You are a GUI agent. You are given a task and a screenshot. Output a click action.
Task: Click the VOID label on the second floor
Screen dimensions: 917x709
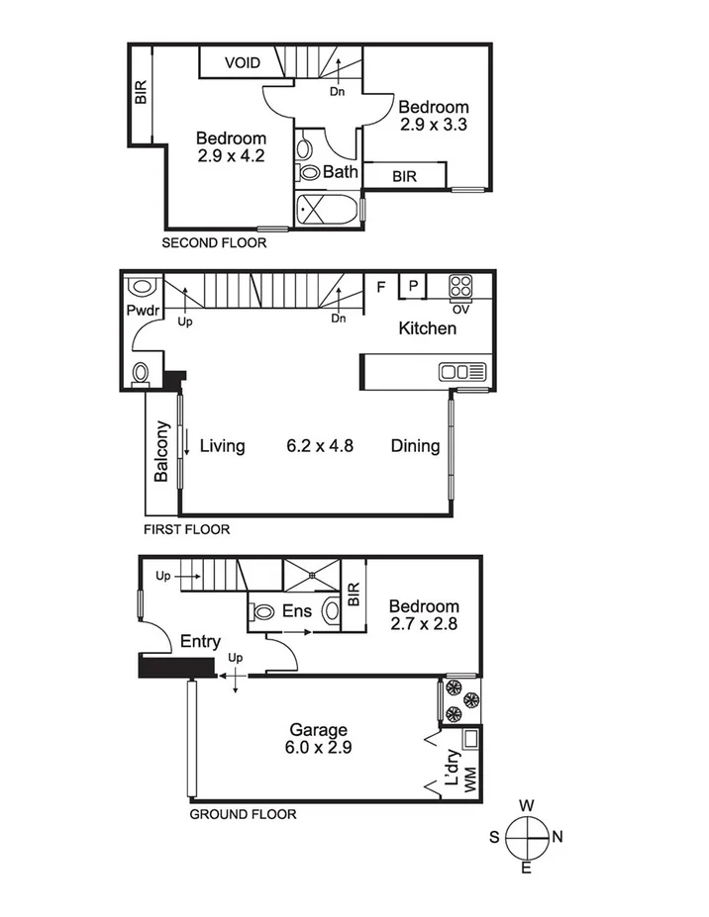pyautogui.click(x=242, y=62)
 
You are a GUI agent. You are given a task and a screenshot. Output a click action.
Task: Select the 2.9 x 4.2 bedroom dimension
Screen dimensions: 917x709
pyautogui.click(x=231, y=155)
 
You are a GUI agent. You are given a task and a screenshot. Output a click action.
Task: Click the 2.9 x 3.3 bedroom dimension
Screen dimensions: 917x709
pyautogui.click(x=433, y=125)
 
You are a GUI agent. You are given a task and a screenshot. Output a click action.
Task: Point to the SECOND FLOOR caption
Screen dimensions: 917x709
pyautogui.click(x=214, y=242)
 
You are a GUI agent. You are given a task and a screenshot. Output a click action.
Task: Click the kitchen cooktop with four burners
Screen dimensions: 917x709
pyautogui.click(x=460, y=286)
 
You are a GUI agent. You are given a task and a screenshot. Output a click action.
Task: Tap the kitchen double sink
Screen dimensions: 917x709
pyautogui.click(x=463, y=372)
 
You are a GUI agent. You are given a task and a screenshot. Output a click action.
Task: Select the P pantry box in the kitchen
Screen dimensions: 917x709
pyautogui.click(x=413, y=286)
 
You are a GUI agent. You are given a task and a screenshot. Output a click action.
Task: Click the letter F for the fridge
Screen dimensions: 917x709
pyautogui.click(x=380, y=288)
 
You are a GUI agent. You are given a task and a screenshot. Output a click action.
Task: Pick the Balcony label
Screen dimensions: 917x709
pyautogui.click(x=162, y=451)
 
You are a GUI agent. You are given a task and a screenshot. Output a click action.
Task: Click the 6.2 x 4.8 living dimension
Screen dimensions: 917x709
pyautogui.click(x=320, y=446)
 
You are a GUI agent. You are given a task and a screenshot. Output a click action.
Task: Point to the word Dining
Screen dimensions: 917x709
pyautogui.click(x=415, y=446)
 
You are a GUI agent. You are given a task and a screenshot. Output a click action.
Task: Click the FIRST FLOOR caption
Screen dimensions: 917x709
pyautogui.click(x=186, y=529)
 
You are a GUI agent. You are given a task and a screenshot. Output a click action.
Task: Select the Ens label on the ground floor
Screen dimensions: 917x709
pyautogui.click(x=296, y=611)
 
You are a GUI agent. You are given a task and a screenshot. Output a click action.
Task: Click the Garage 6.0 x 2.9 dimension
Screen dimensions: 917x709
pyautogui.click(x=318, y=747)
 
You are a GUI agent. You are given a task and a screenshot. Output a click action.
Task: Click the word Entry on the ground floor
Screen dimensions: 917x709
pyautogui.click(x=200, y=642)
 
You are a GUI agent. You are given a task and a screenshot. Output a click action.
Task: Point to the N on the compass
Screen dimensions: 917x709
pyautogui.click(x=557, y=837)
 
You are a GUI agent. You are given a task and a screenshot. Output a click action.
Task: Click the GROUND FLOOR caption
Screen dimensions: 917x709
pyautogui.click(x=242, y=814)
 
